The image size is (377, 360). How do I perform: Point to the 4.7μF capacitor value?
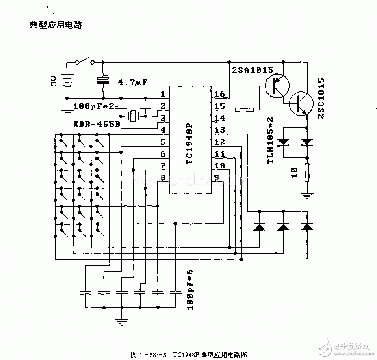[x=132, y=82]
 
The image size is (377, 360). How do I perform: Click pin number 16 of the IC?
[x=219, y=94]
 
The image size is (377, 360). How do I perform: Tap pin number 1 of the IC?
[x=163, y=94]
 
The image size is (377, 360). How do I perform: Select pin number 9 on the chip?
[x=217, y=177]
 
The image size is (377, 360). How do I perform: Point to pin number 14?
[x=219, y=118]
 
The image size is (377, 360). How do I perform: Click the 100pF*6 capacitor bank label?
[x=190, y=290]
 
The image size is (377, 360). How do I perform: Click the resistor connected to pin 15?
[x=244, y=109]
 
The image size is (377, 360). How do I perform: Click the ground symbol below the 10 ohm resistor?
[x=308, y=196]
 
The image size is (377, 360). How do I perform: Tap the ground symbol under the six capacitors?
[x=121, y=322]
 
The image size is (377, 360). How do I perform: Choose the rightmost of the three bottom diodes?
[x=307, y=226]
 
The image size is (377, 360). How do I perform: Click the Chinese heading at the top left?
[x=56, y=25]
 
